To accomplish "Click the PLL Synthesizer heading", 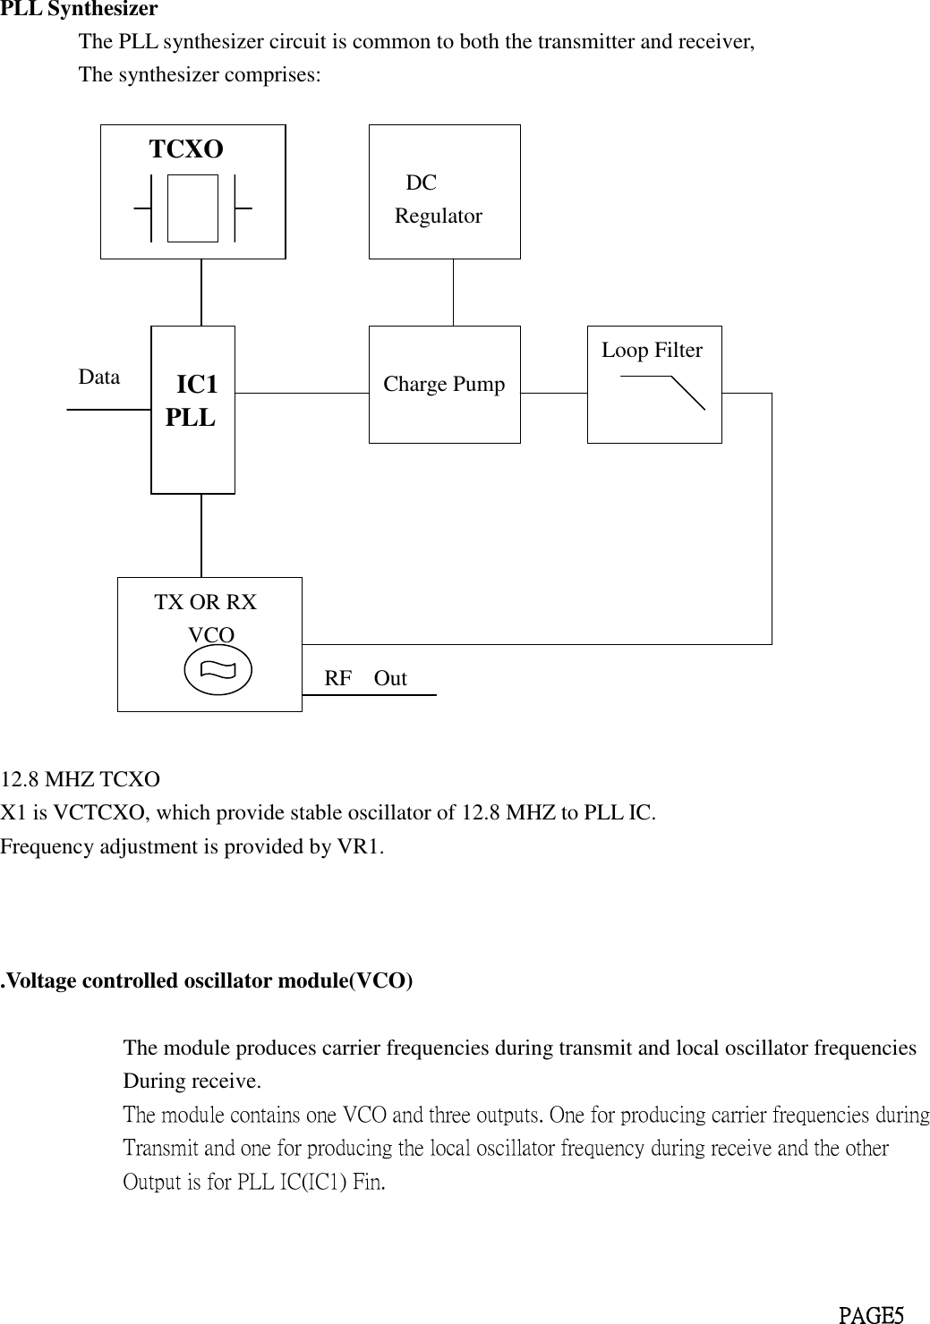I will (x=79, y=10).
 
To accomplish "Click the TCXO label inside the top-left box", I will (x=186, y=149).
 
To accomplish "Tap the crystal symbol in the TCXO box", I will (x=192, y=208).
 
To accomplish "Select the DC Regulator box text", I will (x=438, y=200).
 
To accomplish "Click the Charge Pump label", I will (x=444, y=385).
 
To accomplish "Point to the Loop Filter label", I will (x=652, y=351).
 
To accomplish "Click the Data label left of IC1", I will (x=99, y=378).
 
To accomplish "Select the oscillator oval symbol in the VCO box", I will (x=218, y=669).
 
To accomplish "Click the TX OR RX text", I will (x=206, y=603).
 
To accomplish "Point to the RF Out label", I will (x=365, y=678).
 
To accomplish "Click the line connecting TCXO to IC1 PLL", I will (x=201, y=293).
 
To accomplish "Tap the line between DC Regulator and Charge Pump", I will (x=454, y=293).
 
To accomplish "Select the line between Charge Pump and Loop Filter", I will (x=553, y=392).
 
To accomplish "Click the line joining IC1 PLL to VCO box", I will (x=201, y=535).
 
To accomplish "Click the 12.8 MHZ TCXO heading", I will (x=81, y=779).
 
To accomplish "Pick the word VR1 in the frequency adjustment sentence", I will (x=365, y=846).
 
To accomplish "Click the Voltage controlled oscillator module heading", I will (x=207, y=981).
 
